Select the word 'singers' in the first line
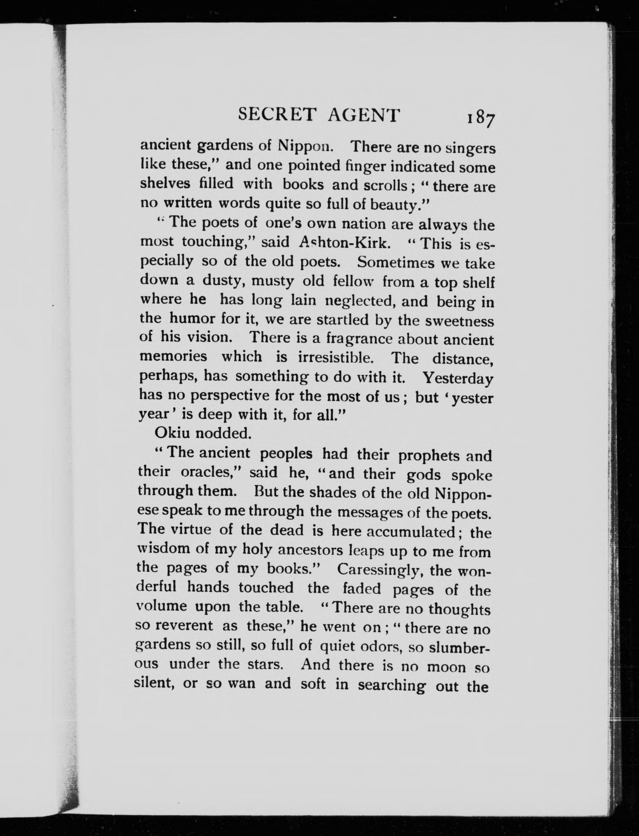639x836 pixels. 470,148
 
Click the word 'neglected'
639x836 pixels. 358,301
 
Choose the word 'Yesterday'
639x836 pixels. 458,378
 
